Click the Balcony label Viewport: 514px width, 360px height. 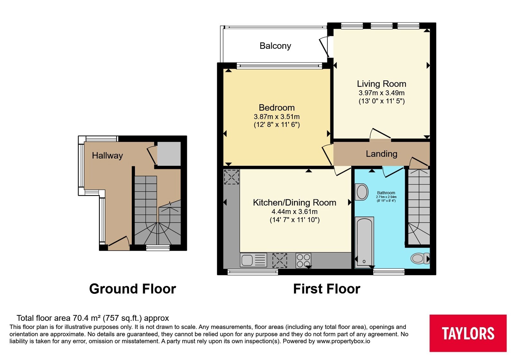(x=275, y=46)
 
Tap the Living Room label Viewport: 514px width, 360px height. (x=381, y=84)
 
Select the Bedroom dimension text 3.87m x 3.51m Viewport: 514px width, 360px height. (x=277, y=117)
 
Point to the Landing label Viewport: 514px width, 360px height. (x=381, y=154)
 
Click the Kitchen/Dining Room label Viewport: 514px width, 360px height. (x=294, y=203)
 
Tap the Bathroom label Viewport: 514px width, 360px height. (x=386, y=193)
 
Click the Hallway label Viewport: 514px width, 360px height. (x=107, y=156)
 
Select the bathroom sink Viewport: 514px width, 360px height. (x=362, y=192)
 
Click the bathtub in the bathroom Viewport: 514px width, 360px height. (x=364, y=242)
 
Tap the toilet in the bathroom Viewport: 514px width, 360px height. (x=420, y=258)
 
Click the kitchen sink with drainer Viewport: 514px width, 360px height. (x=253, y=260)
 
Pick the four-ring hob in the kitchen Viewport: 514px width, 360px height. (x=303, y=260)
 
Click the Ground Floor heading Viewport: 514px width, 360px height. (x=132, y=289)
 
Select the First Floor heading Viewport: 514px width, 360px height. (x=326, y=289)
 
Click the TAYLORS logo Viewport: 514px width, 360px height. (x=468, y=333)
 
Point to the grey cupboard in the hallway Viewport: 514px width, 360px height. (x=169, y=153)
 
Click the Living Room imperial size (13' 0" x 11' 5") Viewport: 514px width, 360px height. (x=381, y=101)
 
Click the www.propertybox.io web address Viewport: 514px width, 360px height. (x=343, y=341)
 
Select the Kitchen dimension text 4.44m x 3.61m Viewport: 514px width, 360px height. (x=294, y=212)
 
